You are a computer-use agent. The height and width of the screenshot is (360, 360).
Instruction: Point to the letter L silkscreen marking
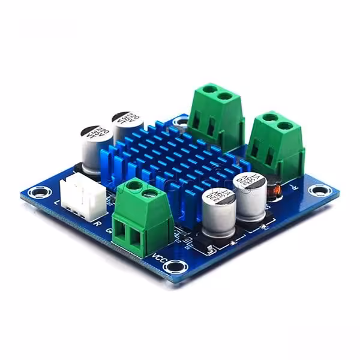coord(57,203)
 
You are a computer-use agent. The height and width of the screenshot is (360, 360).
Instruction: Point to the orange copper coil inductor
coord(277,191)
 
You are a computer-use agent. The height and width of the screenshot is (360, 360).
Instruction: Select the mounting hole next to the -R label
coord(316,191)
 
